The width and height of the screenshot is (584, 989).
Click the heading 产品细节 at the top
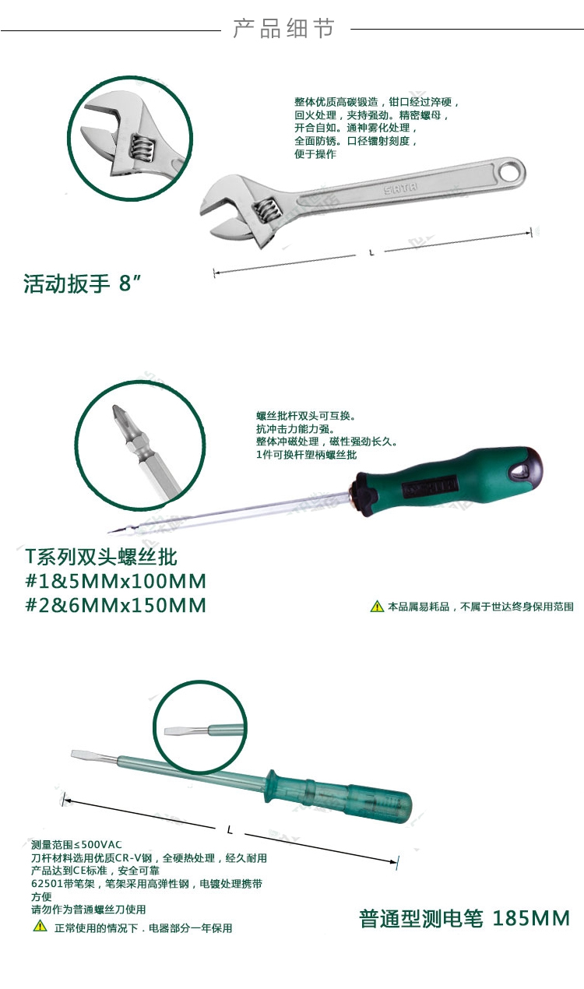pos(284,28)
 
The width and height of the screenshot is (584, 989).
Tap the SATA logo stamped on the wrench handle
pos(400,188)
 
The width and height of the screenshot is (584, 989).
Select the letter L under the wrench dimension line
pos(371,253)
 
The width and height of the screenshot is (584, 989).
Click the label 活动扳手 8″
pos(82,283)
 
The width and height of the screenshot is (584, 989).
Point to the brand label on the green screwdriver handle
pos(429,487)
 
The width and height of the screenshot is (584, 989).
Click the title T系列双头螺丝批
pos(101,557)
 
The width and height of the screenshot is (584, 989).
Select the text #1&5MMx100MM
pos(116,581)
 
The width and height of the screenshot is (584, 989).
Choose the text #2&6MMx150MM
pos(116,605)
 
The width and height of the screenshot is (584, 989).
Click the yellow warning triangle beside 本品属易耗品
pos(377,607)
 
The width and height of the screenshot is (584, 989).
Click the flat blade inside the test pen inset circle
pos(179,730)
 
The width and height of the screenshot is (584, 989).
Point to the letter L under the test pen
pos(230,830)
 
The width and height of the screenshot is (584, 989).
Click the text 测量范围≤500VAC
pos(76,845)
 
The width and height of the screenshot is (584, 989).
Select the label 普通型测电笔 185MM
pos(464,918)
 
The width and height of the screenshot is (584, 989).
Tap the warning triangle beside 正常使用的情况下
pos(40,925)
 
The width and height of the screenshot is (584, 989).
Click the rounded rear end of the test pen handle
pos(404,806)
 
